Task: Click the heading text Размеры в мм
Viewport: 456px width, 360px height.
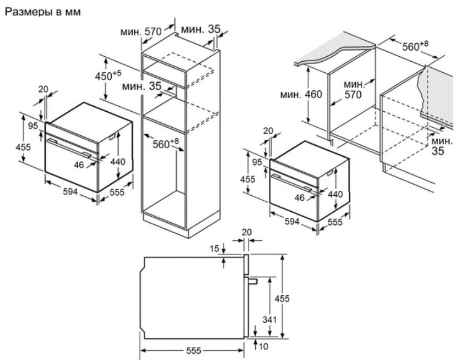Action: (43, 11)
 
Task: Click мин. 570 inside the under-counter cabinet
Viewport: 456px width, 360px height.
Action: (353, 90)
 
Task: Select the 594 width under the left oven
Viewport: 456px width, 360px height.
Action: (70, 192)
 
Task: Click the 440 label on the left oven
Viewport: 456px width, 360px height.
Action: (117, 162)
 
